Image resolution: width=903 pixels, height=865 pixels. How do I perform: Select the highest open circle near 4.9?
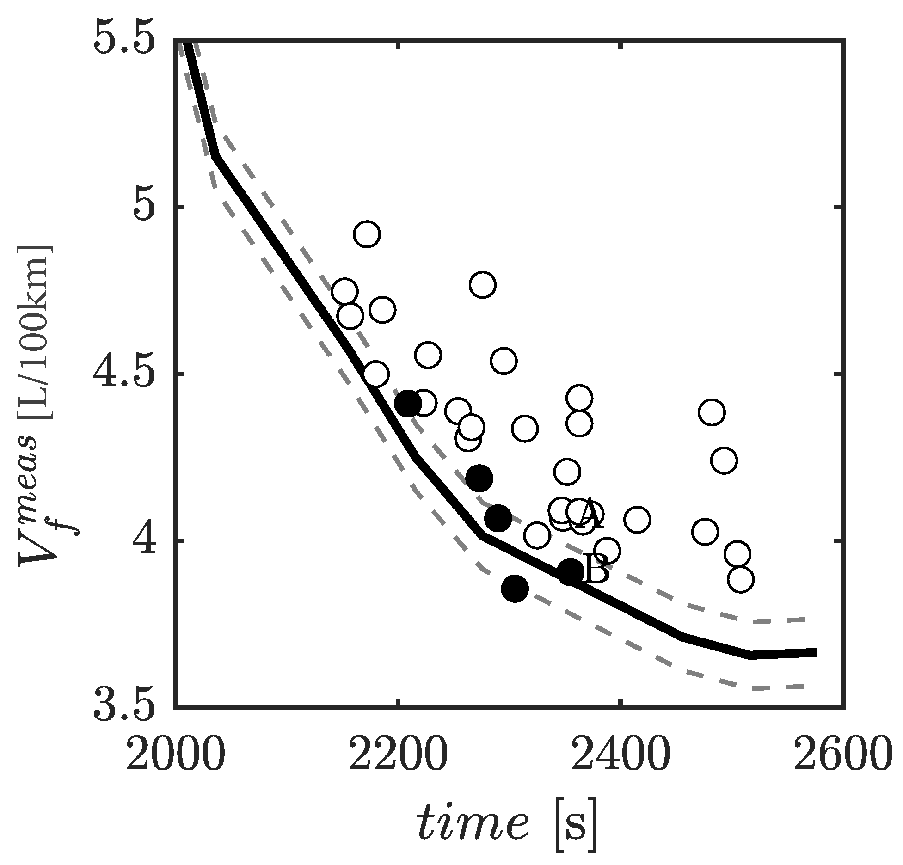point(367,234)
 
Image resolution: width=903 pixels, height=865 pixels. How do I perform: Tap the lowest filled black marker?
point(515,589)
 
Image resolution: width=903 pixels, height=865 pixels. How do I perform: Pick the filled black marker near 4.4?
point(408,404)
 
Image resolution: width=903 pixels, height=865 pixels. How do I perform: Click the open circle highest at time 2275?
point(482,285)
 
